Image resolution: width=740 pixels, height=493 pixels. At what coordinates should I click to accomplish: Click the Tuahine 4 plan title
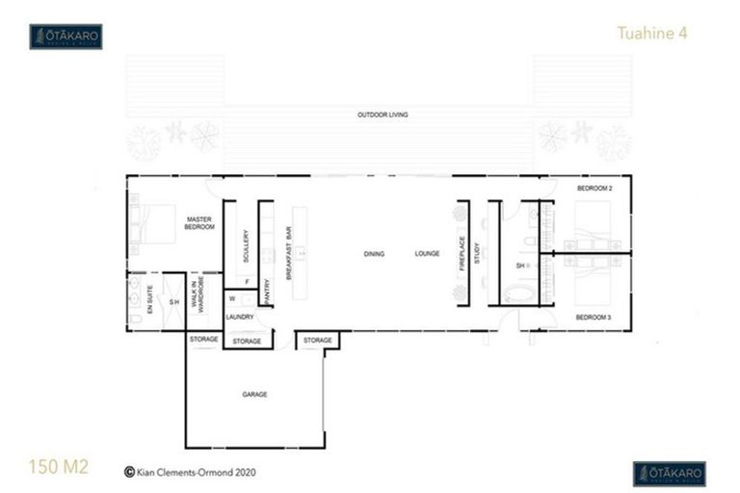(652, 33)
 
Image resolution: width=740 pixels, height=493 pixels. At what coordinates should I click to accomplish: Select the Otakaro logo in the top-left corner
(66, 37)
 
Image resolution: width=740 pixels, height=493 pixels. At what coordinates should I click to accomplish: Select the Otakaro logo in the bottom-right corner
(669, 473)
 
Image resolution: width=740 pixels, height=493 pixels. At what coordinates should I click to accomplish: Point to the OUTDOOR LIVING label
(383, 115)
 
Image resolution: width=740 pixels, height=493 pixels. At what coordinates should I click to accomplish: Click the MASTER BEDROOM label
(199, 223)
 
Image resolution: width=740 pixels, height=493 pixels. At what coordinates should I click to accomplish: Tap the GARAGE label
(254, 394)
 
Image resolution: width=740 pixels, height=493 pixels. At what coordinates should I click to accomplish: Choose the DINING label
(374, 254)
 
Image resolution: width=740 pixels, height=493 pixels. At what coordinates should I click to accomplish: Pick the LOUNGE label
(427, 254)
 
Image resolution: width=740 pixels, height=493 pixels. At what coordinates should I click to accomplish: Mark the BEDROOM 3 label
(595, 317)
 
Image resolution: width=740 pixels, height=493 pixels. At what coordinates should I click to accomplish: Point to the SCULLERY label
(247, 246)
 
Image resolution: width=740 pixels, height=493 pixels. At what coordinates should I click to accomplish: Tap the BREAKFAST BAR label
(288, 253)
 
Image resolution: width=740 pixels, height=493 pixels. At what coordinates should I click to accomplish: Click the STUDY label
(476, 253)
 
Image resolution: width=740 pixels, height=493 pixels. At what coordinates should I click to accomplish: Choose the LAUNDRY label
(238, 317)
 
